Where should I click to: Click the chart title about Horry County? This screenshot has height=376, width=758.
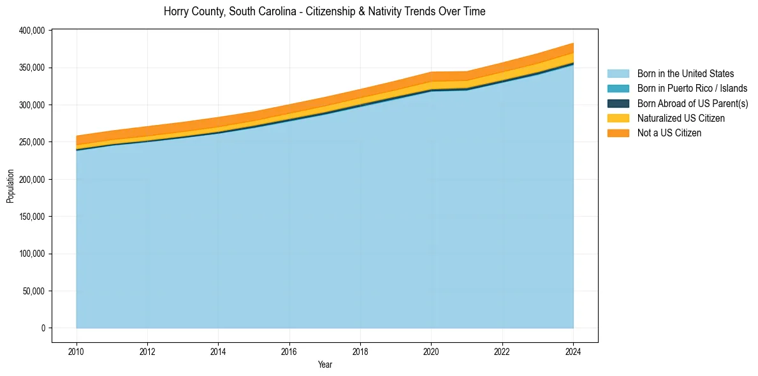coord(324,11)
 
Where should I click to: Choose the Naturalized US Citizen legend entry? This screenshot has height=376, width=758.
coord(681,118)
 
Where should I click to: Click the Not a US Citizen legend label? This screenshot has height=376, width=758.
coord(669,133)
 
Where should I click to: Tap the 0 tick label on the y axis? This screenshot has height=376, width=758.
coord(43,328)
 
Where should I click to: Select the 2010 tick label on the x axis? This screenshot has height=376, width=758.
coord(77,350)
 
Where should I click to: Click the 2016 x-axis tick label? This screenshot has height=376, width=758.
coord(289,350)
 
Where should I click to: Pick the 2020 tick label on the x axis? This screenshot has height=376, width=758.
coord(432,350)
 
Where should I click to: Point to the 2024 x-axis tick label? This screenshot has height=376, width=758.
coord(573,350)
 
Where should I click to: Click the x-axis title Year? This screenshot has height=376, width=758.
coord(324,365)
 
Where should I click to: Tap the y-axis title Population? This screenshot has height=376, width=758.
coord(10,186)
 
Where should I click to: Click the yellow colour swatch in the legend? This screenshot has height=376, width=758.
coord(618,118)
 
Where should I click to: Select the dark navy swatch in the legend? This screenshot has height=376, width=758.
coord(618,103)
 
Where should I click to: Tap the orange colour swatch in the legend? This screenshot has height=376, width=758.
coord(618,133)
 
